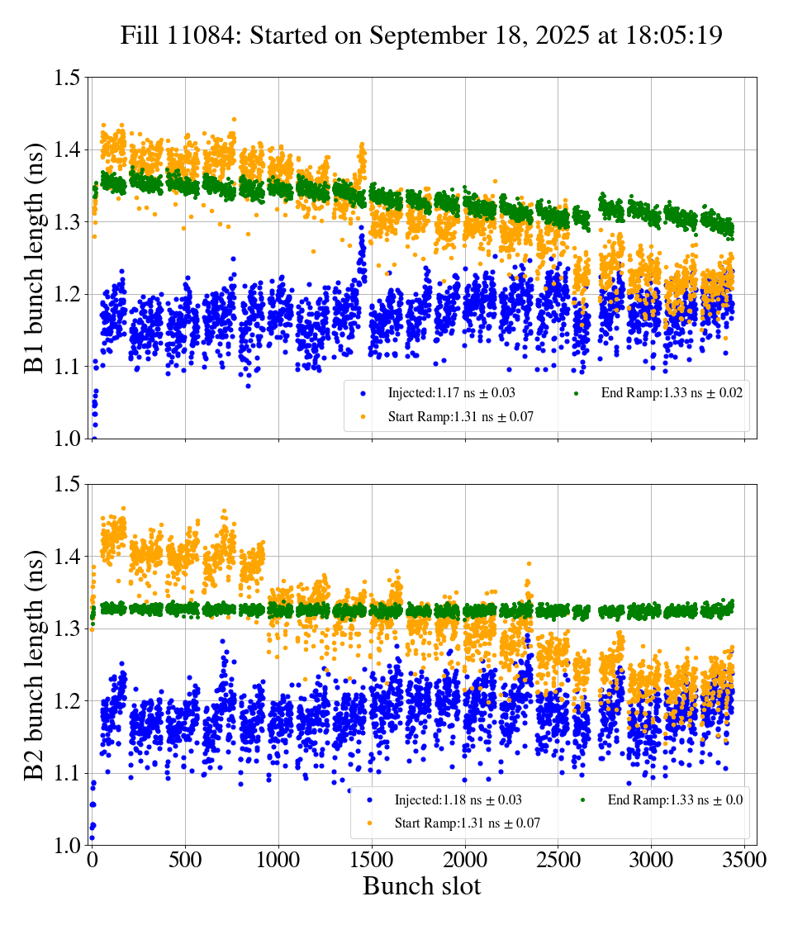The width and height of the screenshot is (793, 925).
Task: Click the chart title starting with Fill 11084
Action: click(x=421, y=36)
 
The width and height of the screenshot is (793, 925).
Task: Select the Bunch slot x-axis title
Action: click(x=421, y=886)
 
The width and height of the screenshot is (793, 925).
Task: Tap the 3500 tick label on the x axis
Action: click(x=744, y=860)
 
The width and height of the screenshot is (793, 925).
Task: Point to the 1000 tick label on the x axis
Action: click(x=278, y=860)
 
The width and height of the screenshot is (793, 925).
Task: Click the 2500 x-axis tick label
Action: click(x=558, y=860)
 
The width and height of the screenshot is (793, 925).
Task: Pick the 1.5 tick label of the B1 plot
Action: click(x=67, y=78)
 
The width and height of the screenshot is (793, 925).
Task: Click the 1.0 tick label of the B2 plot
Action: click(x=67, y=846)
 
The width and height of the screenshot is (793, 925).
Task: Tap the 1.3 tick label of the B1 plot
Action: click(x=67, y=223)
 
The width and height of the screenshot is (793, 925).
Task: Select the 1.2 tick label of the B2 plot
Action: click(x=67, y=701)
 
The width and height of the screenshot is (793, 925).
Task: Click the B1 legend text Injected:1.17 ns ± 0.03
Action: click(x=453, y=393)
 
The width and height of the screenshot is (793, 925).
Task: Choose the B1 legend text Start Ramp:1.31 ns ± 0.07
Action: click(x=461, y=417)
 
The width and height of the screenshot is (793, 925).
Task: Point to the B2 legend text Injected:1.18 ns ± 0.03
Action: click(x=458, y=799)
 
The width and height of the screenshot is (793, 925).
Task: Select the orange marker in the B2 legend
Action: click(x=369, y=823)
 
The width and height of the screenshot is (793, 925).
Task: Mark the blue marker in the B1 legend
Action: click(x=363, y=393)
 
